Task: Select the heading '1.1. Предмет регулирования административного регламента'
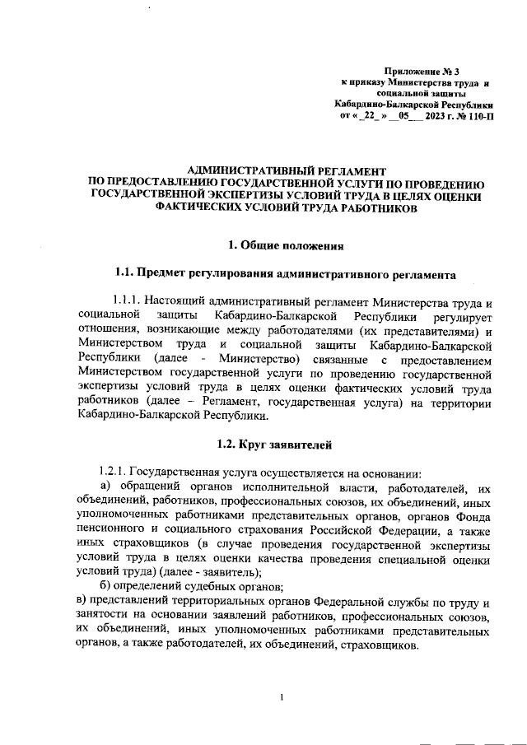click(x=285, y=272)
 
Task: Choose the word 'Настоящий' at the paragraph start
click(x=184, y=301)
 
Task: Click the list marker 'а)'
click(x=106, y=489)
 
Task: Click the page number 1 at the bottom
click(x=282, y=699)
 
